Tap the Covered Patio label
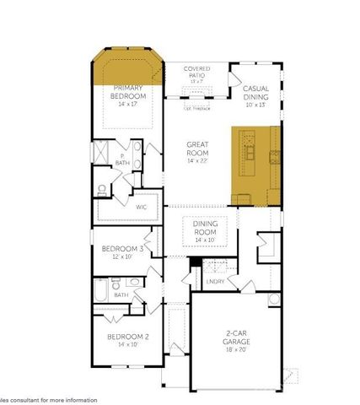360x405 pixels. [x=197, y=73]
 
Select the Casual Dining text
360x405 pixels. [x=255, y=92]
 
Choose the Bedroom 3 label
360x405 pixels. [x=122, y=250]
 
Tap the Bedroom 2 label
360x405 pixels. [x=128, y=337]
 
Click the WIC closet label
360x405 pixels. [x=142, y=205]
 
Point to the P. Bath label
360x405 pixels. [x=121, y=159]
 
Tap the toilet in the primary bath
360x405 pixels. [x=101, y=189]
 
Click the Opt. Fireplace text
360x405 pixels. [x=196, y=108]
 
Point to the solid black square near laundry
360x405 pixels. [x=195, y=261]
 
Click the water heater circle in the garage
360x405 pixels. [x=272, y=300]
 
